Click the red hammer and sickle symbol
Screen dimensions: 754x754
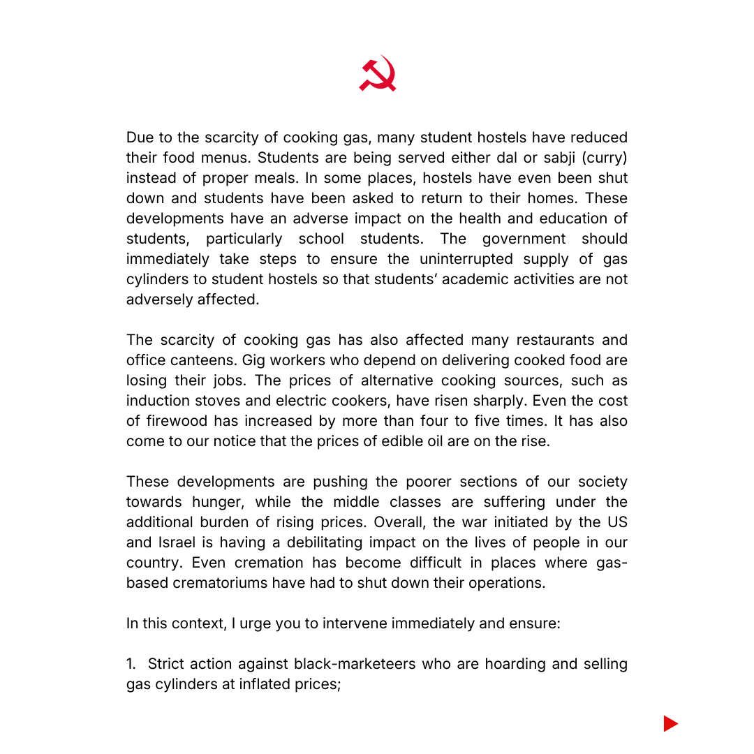[x=377, y=74]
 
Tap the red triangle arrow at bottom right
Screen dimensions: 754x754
[x=670, y=723]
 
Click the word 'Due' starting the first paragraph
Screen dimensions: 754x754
[x=140, y=138]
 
